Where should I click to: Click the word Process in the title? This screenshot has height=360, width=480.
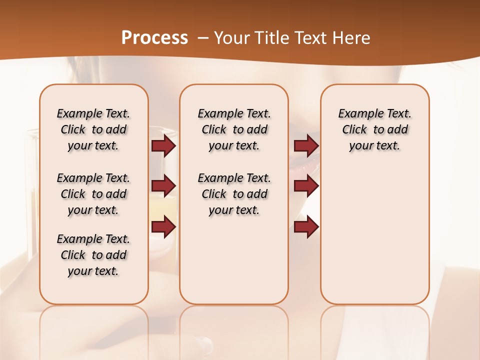[154, 38]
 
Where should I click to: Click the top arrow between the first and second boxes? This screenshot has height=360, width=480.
[163, 146]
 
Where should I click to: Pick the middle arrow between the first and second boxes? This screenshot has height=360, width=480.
[163, 186]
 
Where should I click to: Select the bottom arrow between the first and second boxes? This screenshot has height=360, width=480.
[163, 227]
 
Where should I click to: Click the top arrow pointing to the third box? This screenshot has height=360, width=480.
[306, 146]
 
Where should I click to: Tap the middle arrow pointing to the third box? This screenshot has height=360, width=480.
[306, 186]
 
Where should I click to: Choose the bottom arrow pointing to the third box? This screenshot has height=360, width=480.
[306, 227]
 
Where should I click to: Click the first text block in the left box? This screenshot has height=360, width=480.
[93, 129]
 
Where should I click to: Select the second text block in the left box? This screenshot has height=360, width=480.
[93, 194]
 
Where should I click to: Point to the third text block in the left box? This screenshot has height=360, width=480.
[93, 255]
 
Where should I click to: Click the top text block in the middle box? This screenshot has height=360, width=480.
[234, 129]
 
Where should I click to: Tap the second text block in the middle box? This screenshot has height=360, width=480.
[234, 194]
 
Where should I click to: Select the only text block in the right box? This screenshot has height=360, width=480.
[375, 129]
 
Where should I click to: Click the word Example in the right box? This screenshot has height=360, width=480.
[357, 114]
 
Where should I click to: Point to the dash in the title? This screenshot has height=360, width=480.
[202, 38]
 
